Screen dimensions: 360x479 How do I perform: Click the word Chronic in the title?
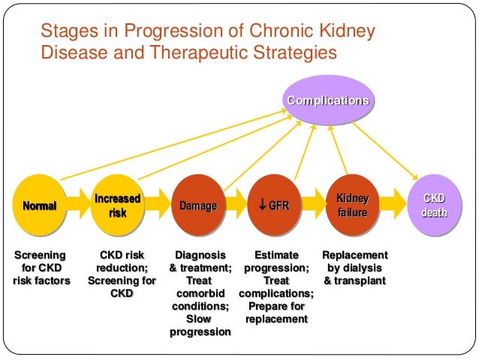(x=270, y=33)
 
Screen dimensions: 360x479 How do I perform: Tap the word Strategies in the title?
(x=292, y=54)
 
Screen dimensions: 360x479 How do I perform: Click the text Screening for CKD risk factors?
(x=41, y=268)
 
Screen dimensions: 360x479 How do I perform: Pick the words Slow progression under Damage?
(x=200, y=325)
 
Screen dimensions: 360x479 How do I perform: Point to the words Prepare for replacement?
(x=276, y=313)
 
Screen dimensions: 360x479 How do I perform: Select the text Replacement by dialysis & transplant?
(x=354, y=268)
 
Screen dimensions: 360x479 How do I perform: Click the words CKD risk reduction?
(x=122, y=262)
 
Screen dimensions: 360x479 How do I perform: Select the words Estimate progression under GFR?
(x=276, y=262)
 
